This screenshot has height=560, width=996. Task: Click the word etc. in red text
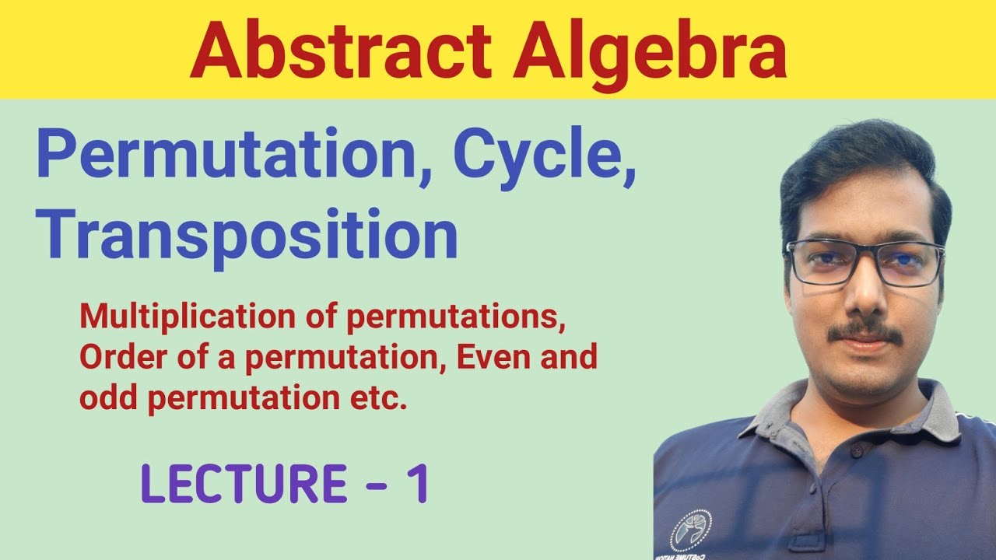click(x=381, y=398)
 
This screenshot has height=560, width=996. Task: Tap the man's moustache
click(x=864, y=332)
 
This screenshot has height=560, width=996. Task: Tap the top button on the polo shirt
click(x=855, y=451)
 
